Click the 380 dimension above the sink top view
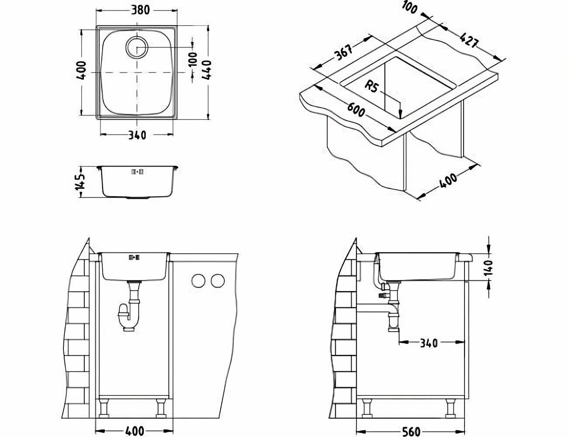click(x=140, y=10)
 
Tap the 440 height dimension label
click(x=207, y=70)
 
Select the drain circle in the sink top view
click(x=137, y=47)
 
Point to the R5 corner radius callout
click(x=371, y=86)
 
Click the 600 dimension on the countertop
click(x=356, y=110)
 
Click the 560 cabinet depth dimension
click(x=411, y=431)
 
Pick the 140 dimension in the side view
click(x=488, y=267)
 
